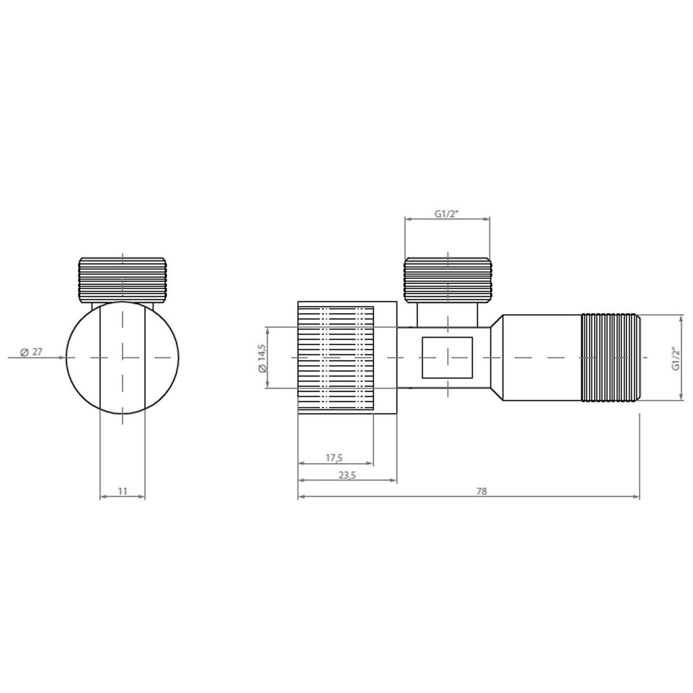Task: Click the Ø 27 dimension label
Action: tap(31, 352)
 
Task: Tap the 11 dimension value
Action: tap(122, 491)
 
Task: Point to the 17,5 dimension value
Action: tap(334, 458)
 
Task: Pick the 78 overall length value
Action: tap(482, 491)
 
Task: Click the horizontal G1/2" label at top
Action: tap(446, 213)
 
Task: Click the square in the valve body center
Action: tap(447, 357)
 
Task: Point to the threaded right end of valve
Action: tap(611, 357)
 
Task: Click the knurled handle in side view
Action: tap(336, 357)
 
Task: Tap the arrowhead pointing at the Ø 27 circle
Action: tap(62, 357)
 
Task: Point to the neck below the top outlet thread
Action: tap(447, 314)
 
